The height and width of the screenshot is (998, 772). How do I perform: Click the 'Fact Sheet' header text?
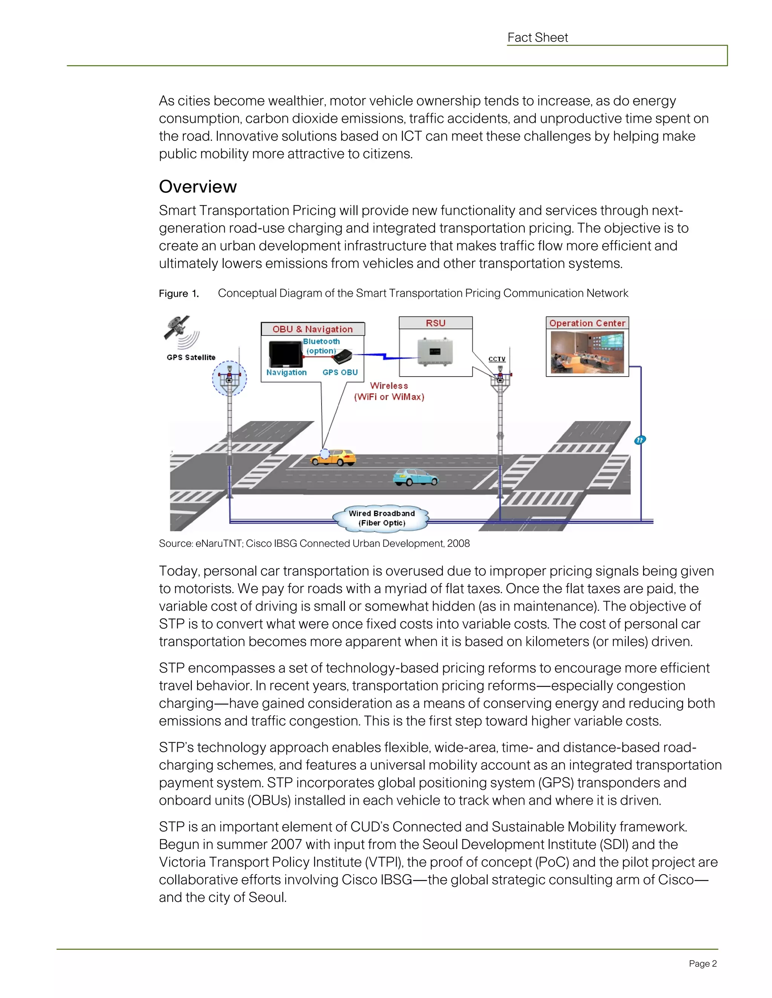(x=538, y=37)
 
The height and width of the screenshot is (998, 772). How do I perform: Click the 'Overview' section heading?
(x=198, y=186)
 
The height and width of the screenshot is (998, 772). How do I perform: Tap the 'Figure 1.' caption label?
(x=179, y=293)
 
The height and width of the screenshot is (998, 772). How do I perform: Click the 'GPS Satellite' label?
(x=191, y=357)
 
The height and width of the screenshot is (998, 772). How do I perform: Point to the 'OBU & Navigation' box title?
(x=313, y=329)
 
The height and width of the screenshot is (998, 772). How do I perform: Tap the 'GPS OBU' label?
(x=340, y=372)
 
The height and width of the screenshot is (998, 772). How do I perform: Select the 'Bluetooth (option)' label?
(x=321, y=346)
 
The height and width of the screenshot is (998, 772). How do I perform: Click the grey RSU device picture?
(x=435, y=351)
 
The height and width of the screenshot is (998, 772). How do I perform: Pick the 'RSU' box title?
(x=435, y=323)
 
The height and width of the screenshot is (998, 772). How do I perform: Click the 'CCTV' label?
(x=497, y=359)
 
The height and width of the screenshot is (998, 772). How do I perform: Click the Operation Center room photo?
(x=587, y=353)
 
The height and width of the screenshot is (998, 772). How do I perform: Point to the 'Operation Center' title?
(x=587, y=323)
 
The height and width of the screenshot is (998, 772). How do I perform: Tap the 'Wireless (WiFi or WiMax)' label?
(x=389, y=391)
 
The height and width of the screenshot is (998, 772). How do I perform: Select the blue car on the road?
(x=415, y=477)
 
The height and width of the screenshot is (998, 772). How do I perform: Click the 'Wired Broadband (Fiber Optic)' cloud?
(x=381, y=518)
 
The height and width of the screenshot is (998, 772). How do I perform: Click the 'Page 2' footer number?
(x=703, y=964)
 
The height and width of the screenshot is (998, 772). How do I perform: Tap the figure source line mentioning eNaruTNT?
(x=314, y=543)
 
